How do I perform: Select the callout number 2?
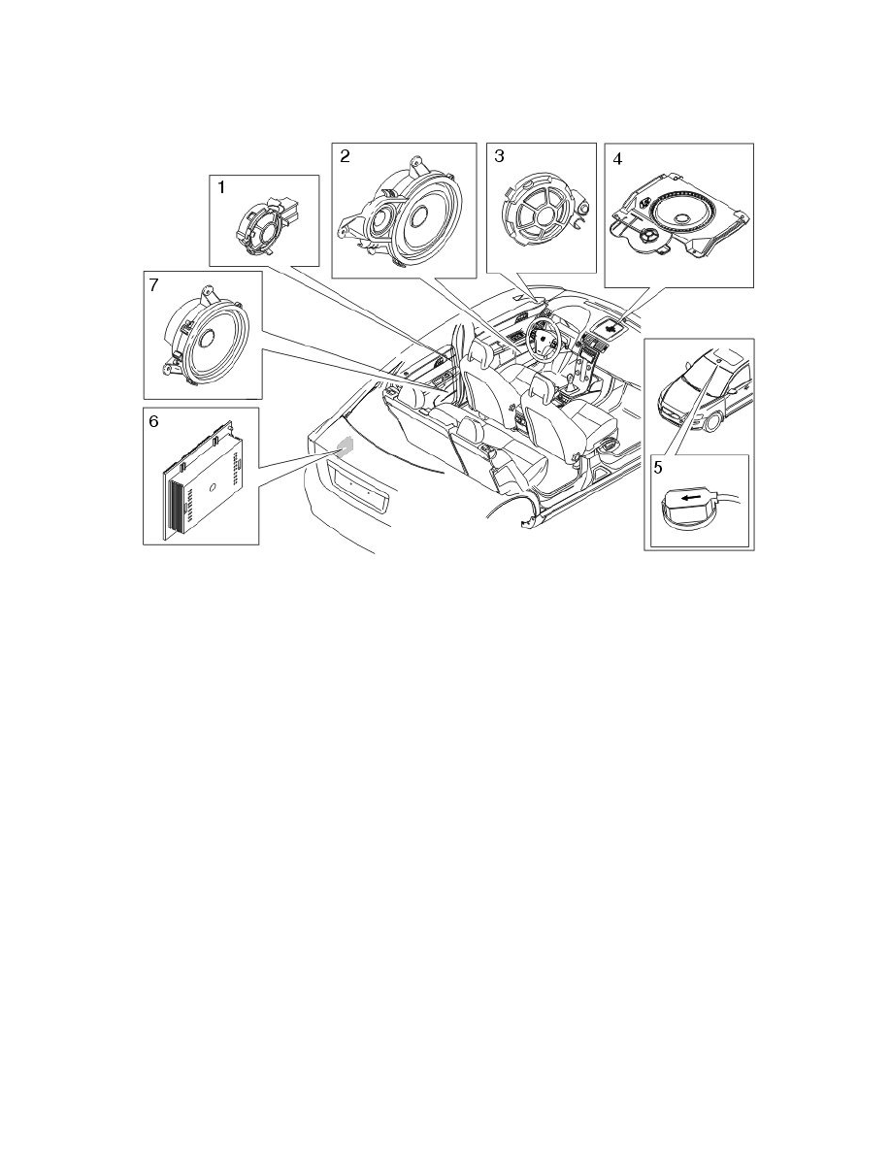tap(346, 155)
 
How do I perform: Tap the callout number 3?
tap(500, 155)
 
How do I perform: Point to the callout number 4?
tap(616, 157)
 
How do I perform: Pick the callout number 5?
tap(659, 467)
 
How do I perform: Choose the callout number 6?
tap(153, 421)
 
